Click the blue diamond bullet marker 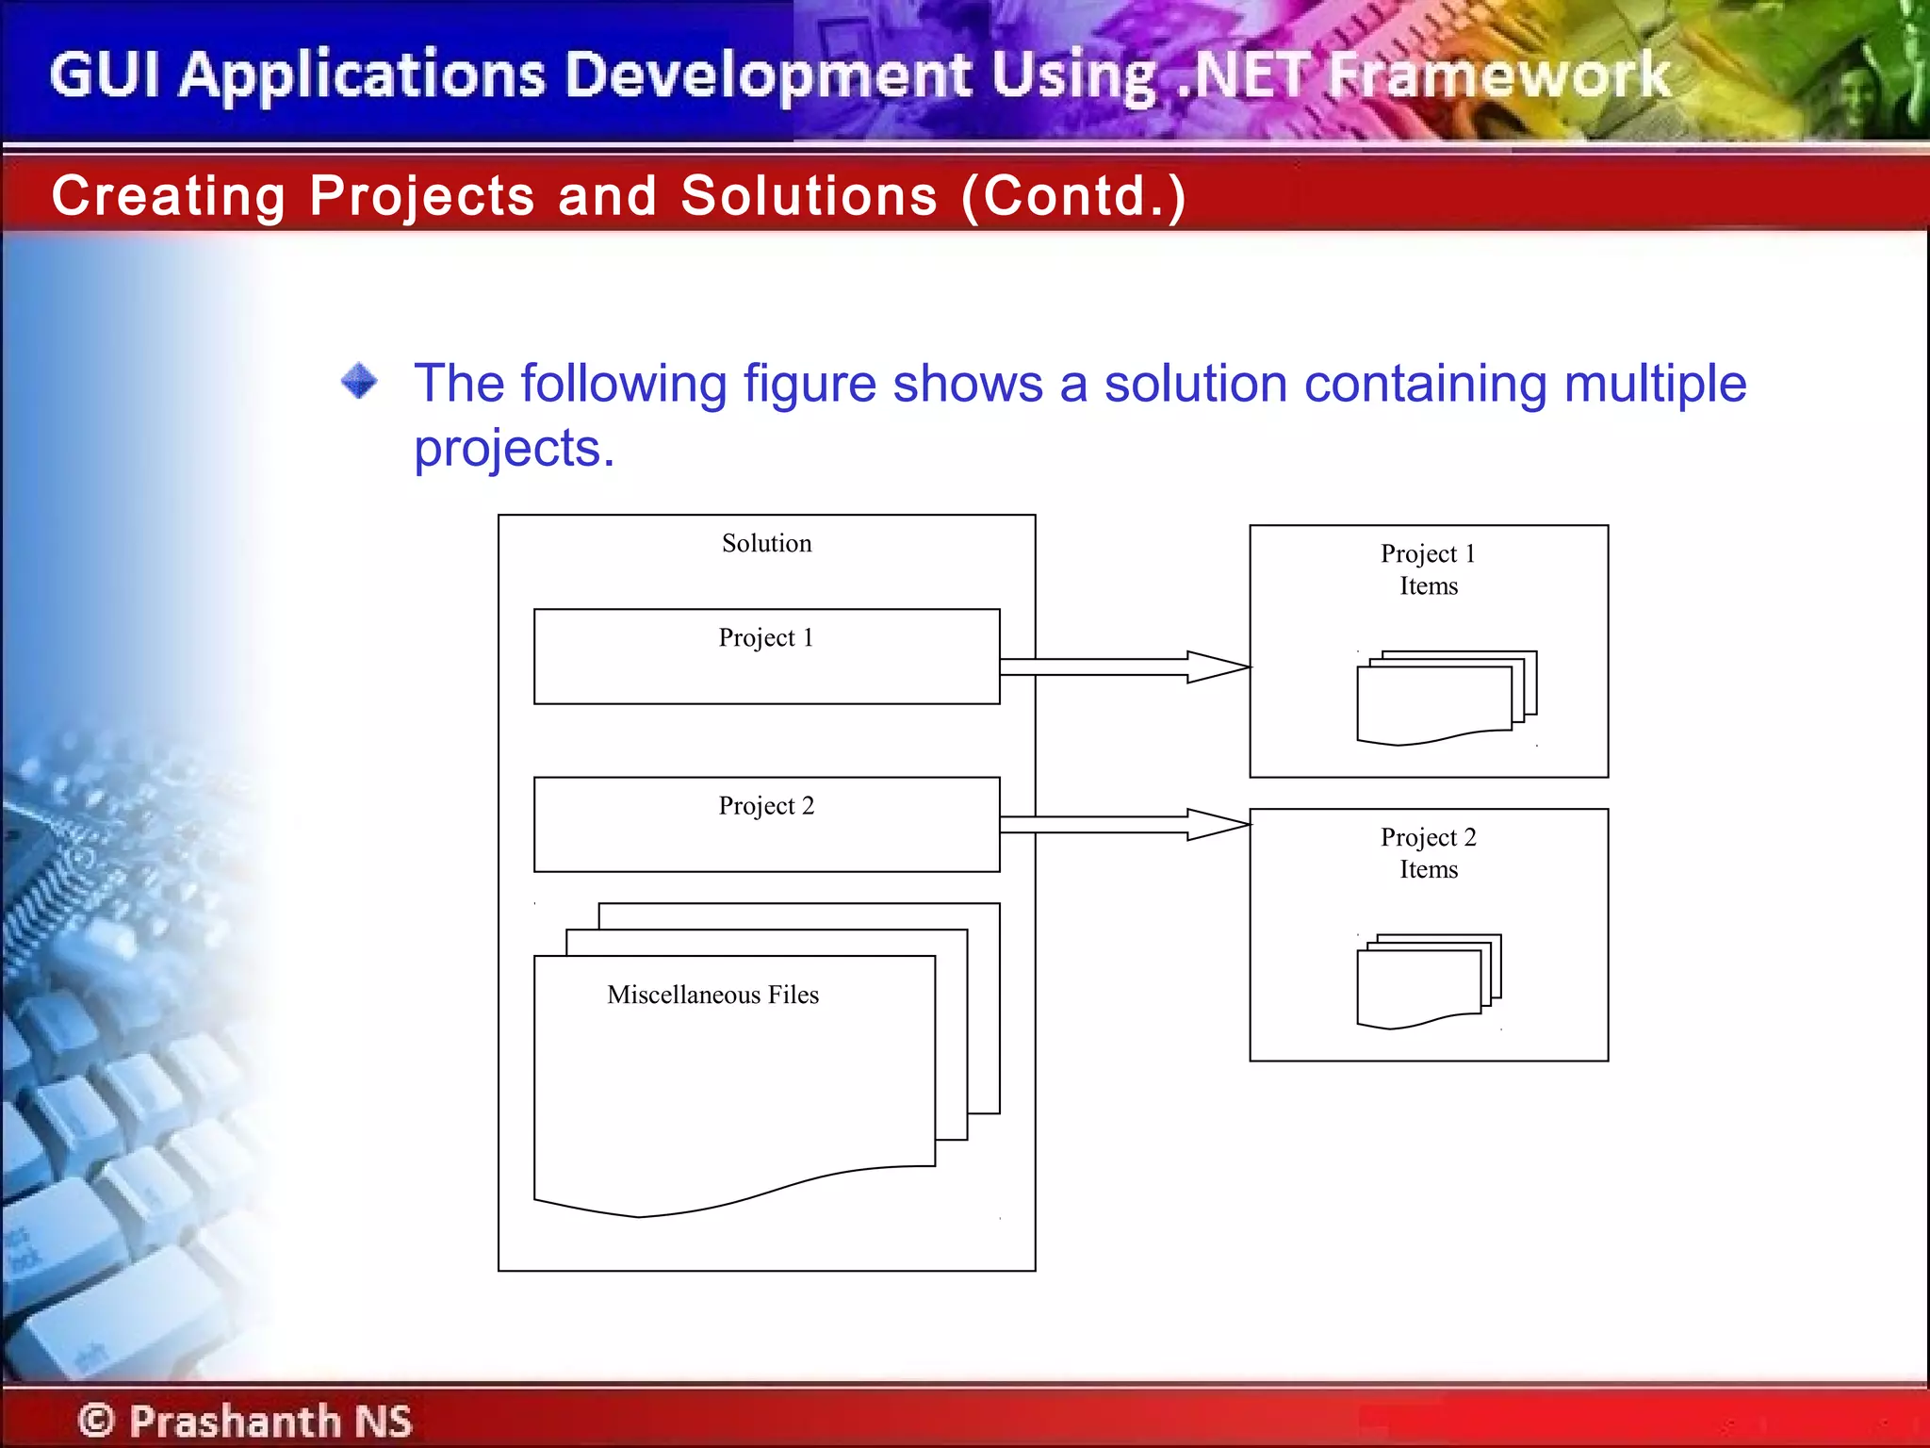click(359, 382)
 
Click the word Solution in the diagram click(766, 544)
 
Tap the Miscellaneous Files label click(712, 995)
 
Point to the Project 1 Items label click(1428, 569)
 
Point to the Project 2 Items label click(1428, 853)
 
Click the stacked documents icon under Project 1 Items click(1446, 698)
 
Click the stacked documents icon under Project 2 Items click(1429, 980)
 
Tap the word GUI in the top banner click(105, 75)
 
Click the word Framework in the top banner click(1498, 75)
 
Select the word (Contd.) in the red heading click(1073, 196)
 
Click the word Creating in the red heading click(169, 196)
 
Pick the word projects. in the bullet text click(515, 448)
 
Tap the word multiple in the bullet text click(1655, 384)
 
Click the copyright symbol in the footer click(96, 1420)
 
